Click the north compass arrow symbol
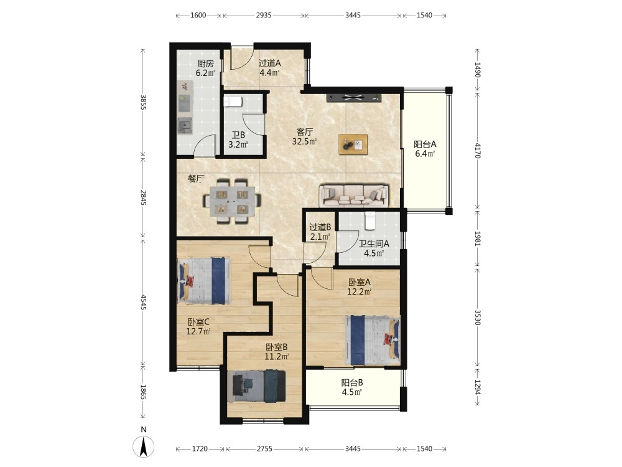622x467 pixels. [143, 446]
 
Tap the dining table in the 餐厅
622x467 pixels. [233, 201]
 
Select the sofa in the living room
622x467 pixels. [354, 195]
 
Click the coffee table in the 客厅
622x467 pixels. [353, 144]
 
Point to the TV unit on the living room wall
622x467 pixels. [353, 98]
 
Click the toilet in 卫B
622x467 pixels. [233, 101]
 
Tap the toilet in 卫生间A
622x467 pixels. [370, 221]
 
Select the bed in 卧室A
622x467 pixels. [373, 341]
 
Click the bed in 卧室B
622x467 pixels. [258, 385]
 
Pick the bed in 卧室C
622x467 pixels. [204, 281]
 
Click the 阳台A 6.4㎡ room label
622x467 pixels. [425, 149]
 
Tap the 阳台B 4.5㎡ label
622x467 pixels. [352, 387]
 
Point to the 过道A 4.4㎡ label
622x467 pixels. [269, 67]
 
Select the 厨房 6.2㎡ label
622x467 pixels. [205, 68]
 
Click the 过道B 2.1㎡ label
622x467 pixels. [320, 232]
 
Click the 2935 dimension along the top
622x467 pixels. [264, 15]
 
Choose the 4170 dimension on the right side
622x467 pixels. [477, 151]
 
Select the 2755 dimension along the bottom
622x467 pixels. [264, 449]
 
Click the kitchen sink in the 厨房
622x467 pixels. [185, 126]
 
